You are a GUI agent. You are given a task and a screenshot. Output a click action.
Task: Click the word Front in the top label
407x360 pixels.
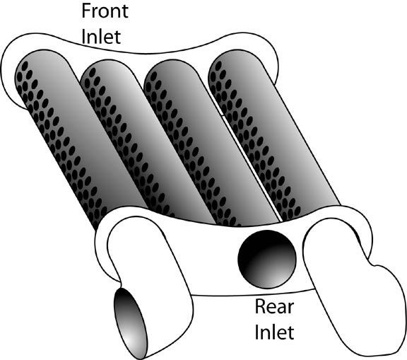[x=105, y=11]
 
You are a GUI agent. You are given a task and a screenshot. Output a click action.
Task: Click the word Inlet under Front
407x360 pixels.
[x=101, y=37]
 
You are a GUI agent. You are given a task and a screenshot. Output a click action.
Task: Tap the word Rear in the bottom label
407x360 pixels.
[x=274, y=306]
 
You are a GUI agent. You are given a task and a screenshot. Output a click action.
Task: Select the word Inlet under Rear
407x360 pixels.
[x=274, y=332]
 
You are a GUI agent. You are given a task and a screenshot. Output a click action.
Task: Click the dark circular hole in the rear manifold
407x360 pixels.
[x=267, y=260]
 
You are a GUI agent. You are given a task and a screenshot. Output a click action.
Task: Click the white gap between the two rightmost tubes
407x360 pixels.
[x=250, y=166]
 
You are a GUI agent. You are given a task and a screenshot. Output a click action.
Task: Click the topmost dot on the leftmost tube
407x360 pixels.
[x=25, y=65]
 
